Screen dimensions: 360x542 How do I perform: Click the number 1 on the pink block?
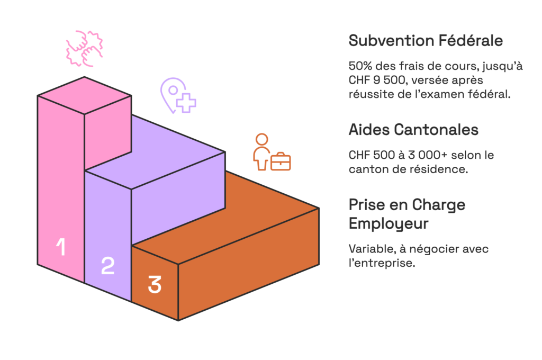tap(61, 247)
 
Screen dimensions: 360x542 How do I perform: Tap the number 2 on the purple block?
tap(107, 265)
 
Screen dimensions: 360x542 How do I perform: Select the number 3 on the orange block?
tap(154, 284)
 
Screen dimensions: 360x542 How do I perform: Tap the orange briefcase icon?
tap(281, 161)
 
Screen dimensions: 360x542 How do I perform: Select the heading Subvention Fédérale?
tap(426, 40)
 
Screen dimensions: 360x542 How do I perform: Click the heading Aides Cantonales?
tap(413, 129)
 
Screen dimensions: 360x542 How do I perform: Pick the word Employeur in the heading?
tap(389, 223)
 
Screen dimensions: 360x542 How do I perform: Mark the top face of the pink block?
tap(84, 95)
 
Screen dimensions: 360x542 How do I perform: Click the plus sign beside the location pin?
tap(186, 103)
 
